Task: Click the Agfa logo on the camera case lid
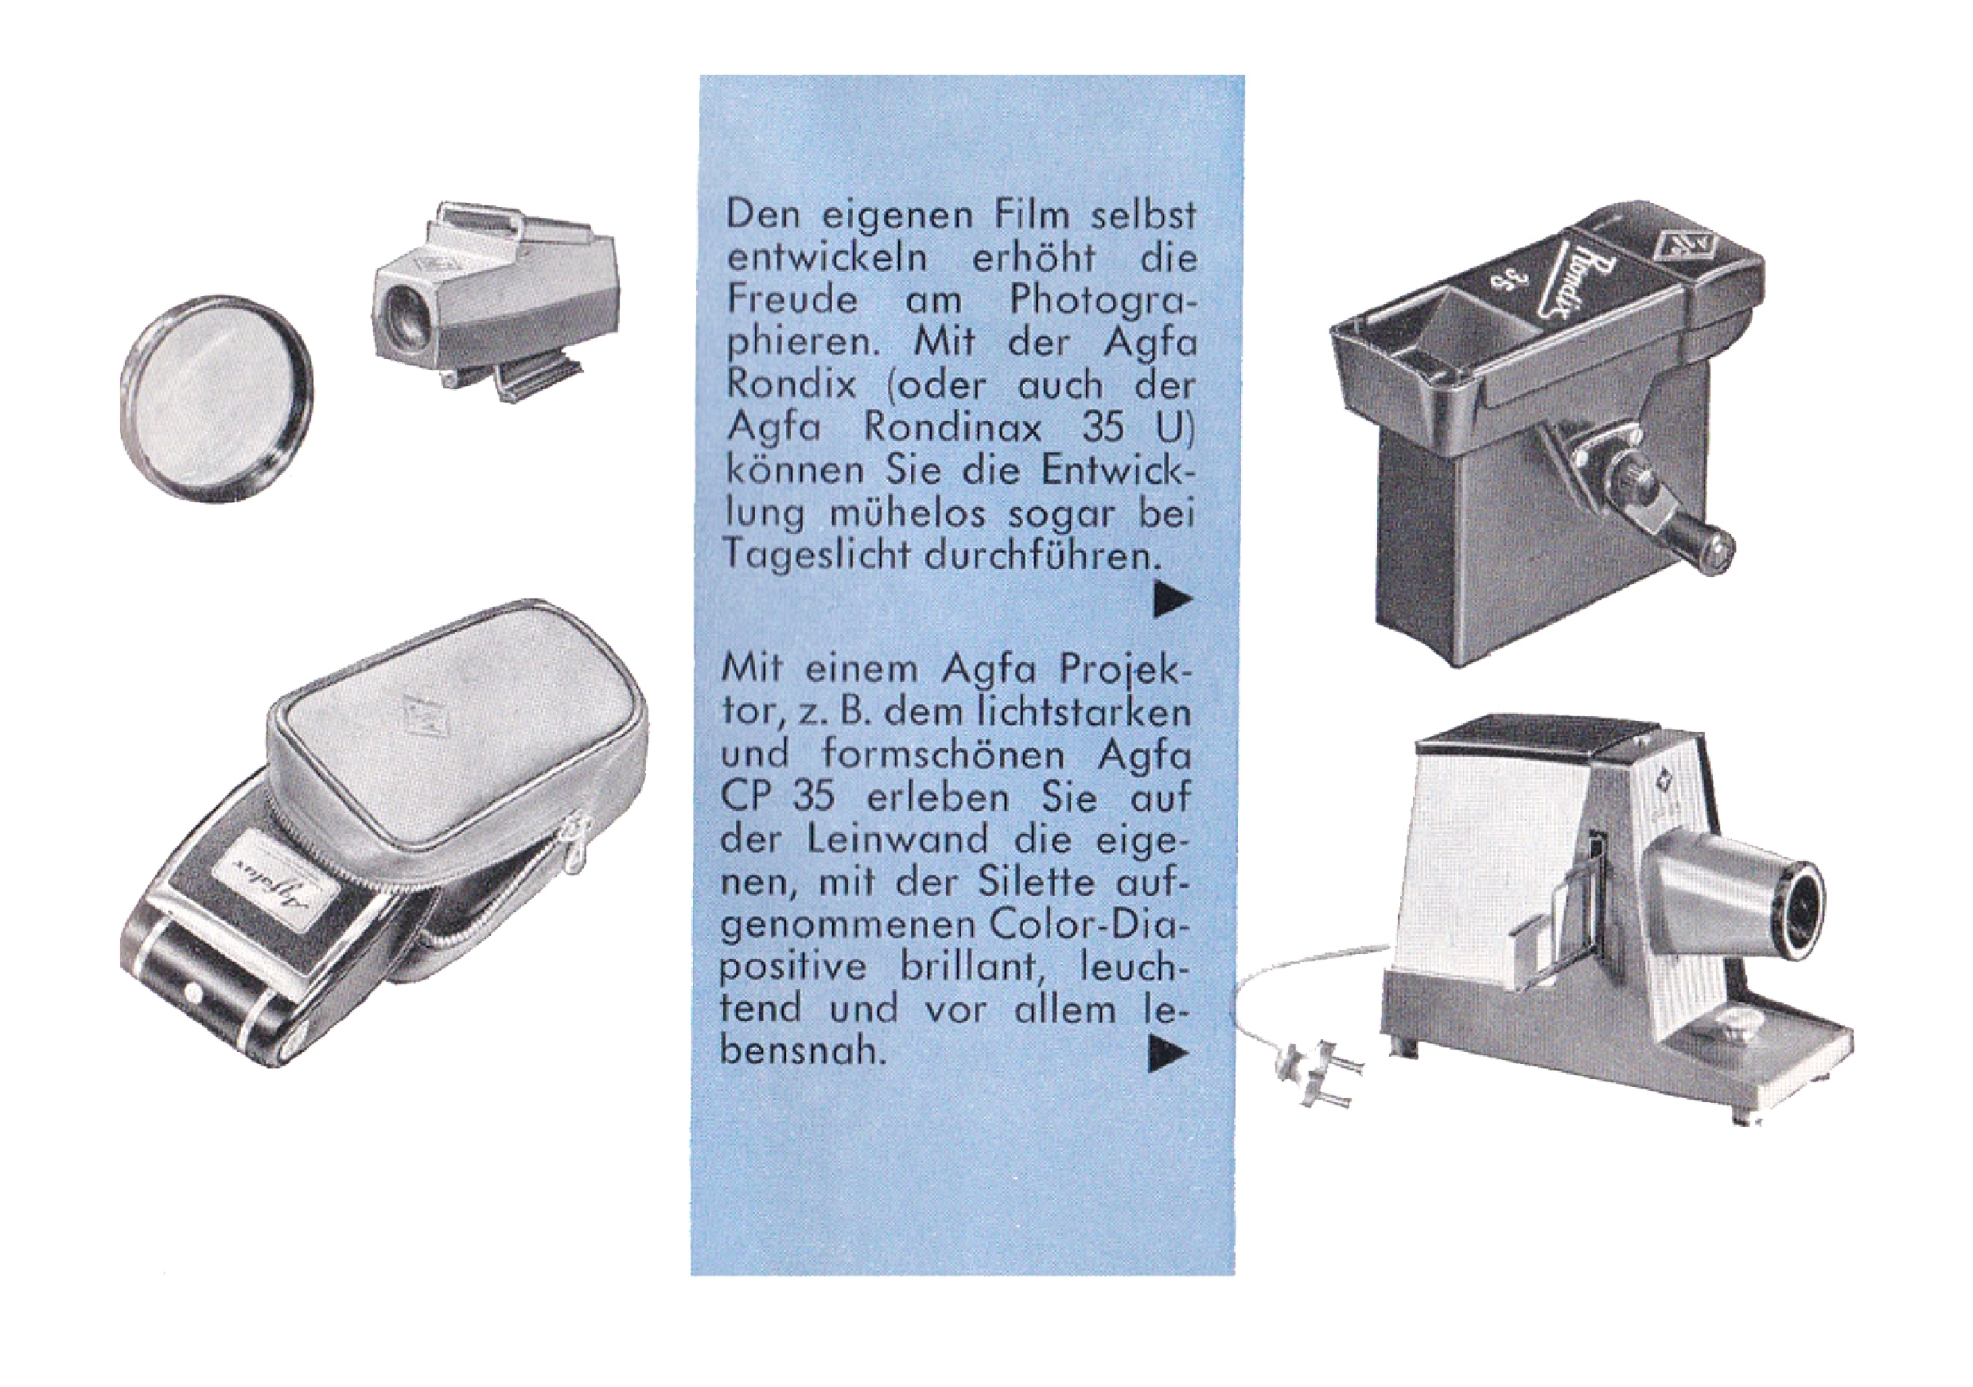click(418, 713)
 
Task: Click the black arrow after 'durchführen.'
click(1173, 602)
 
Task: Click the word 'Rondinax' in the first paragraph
click(953, 427)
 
